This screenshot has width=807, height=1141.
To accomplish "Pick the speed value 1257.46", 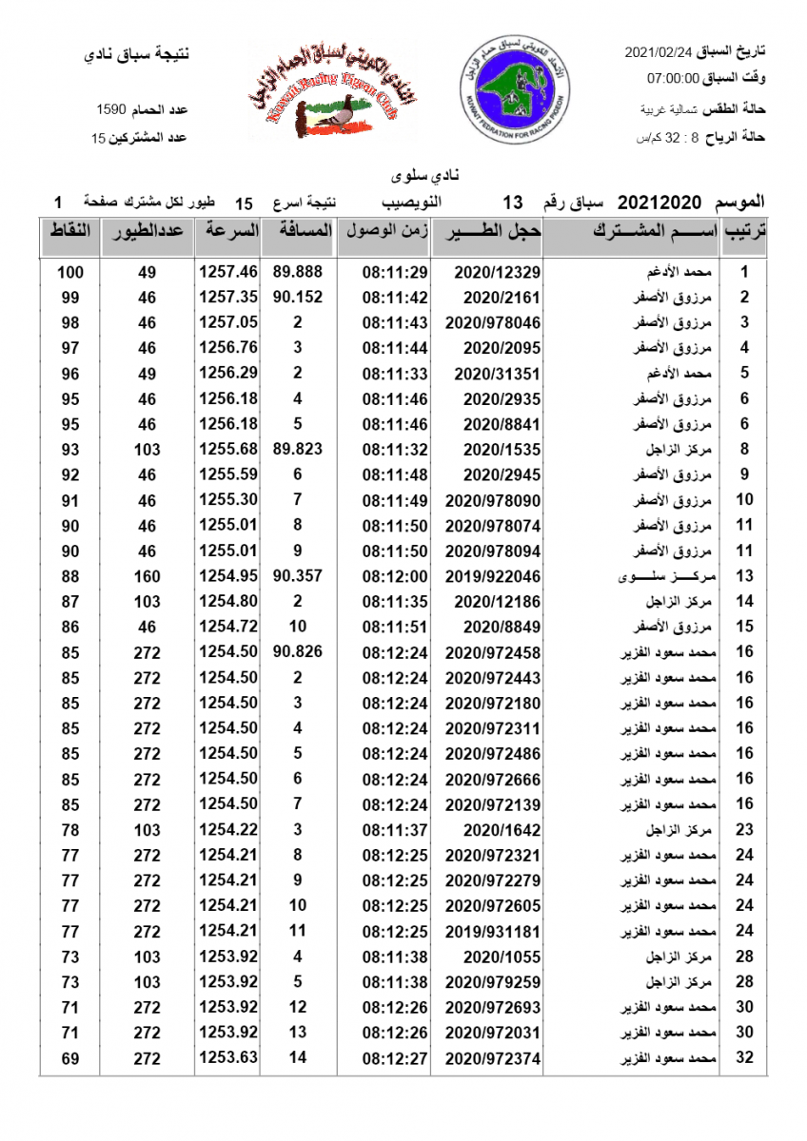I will click(227, 272).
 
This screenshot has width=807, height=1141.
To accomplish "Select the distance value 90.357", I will click(297, 576).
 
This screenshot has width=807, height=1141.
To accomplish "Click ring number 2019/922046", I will click(492, 576).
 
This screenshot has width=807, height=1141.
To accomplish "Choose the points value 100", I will click(69, 272).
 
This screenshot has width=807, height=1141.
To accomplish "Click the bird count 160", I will click(148, 576).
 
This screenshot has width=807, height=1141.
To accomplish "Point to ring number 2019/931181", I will click(492, 931).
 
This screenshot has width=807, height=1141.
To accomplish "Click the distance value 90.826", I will click(297, 652).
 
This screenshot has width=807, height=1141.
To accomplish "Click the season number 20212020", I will click(659, 203).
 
